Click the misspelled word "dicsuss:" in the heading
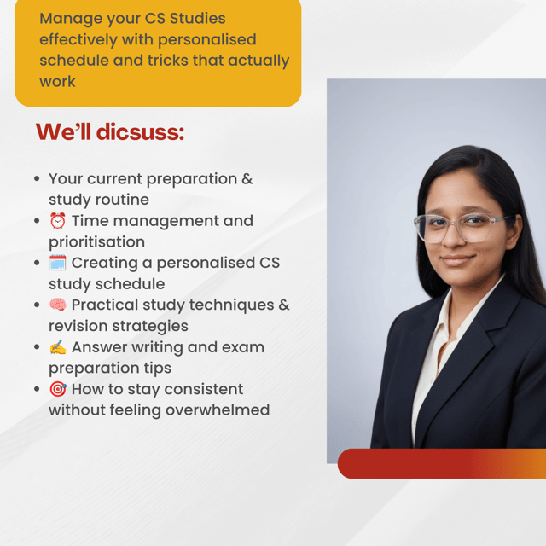pos(140,132)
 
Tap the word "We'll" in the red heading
pos(63,132)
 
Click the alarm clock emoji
pos(57,220)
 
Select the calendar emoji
pos(57,263)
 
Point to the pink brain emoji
pos(57,305)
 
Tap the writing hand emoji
pos(57,347)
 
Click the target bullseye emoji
pos(57,389)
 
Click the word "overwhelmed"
pos(218,409)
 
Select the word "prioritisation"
pos(96,242)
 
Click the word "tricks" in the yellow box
pos(168,61)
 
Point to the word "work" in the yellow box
pos(57,82)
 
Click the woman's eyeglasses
pos(463,228)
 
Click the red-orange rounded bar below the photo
pos(442,463)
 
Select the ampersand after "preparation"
pos(247,179)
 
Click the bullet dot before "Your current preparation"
pos(37,179)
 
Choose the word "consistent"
pos(204,389)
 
